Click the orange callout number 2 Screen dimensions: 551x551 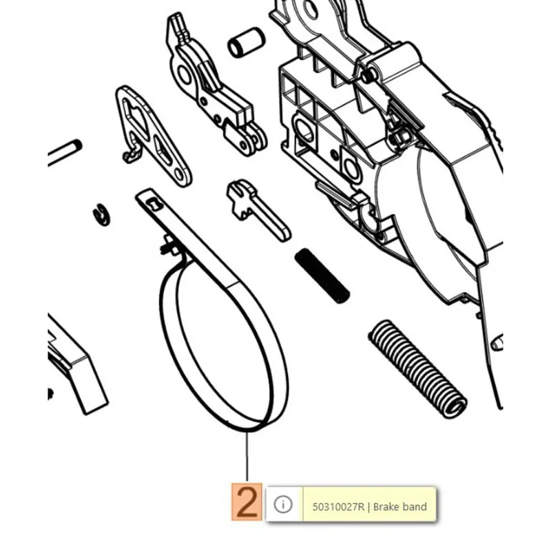click(247, 502)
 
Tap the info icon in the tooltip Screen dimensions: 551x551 click(283, 504)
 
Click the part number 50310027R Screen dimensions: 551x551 click(338, 507)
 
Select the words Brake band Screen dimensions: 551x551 click(400, 507)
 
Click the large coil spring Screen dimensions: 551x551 click(417, 369)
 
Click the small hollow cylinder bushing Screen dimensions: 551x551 click(246, 42)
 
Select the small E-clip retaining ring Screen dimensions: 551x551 click(102, 214)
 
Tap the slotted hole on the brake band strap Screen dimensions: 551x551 click(153, 204)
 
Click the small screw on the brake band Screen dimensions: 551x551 click(170, 246)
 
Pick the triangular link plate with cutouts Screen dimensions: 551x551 click(154, 135)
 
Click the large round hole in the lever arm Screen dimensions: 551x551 click(184, 74)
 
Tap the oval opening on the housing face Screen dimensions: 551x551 click(304, 130)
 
